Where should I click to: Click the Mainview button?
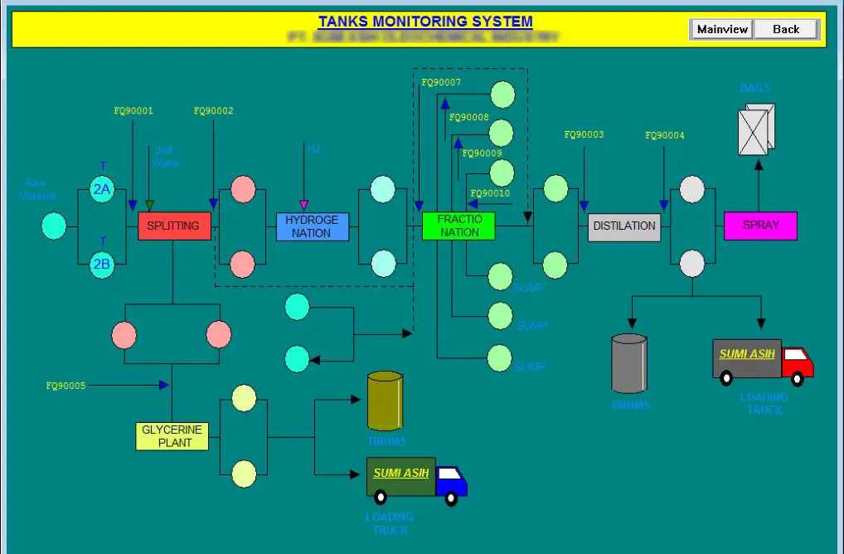click(x=722, y=29)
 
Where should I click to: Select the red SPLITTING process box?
click(x=174, y=226)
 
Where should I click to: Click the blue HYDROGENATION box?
click(x=313, y=226)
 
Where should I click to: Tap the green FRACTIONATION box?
click(x=458, y=226)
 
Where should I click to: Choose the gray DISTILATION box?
click(x=624, y=226)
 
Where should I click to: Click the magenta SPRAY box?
click(x=760, y=226)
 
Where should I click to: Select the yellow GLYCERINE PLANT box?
click(x=172, y=436)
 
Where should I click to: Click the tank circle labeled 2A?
click(x=102, y=189)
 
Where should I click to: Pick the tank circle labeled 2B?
click(x=102, y=265)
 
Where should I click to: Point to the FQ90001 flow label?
click(x=133, y=111)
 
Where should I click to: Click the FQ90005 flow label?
click(x=65, y=386)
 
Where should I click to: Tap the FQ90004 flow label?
click(x=665, y=135)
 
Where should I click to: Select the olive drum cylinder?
click(x=385, y=401)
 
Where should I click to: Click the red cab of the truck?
click(x=798, y=362)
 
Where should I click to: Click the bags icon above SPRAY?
click(x=756, y=129)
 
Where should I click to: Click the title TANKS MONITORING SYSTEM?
click(x=425, y=22)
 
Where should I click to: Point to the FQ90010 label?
click(x=490, y=193)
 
